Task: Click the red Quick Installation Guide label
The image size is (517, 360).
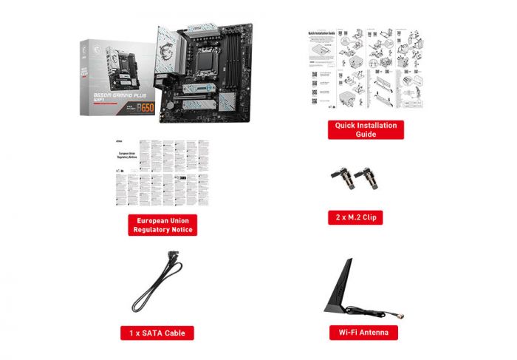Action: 366,129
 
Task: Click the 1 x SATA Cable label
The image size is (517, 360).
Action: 157,333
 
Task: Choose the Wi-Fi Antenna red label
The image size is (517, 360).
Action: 363,333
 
